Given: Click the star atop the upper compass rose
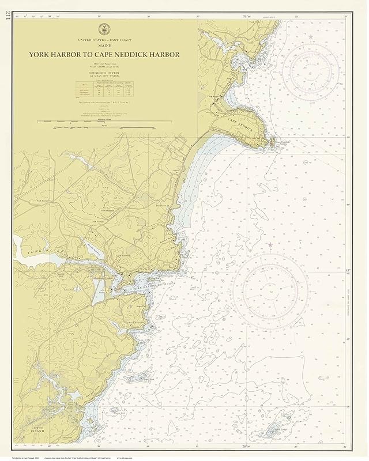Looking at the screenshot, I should click(311, 37).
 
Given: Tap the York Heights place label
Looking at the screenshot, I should click(99, 211).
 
